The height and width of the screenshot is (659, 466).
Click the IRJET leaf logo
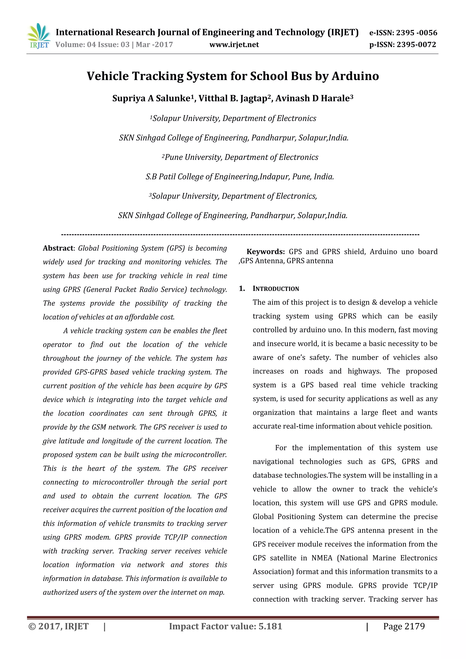(39, 35)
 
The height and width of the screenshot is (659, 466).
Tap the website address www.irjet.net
(234, 45)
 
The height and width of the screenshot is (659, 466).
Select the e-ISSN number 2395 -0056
(417, 33)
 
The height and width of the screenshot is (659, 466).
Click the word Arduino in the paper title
(355, 76)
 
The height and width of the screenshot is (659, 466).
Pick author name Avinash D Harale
(313, 98)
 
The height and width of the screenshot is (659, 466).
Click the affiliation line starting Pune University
(241, 157)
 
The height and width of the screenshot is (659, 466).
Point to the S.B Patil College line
(239, 177)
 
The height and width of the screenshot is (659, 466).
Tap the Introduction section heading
(276, 289)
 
